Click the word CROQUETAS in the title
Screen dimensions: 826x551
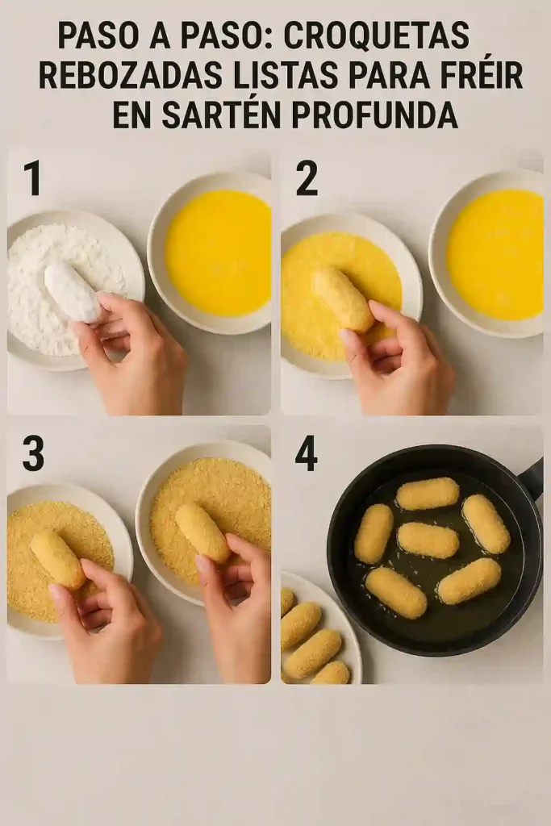377,35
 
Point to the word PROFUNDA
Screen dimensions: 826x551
374,115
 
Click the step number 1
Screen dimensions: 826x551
32,178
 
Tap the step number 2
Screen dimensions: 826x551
307,178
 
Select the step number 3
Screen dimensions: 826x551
33,454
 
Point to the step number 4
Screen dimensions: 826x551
307,454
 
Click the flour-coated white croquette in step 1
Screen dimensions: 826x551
73,291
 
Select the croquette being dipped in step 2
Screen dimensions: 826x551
344,299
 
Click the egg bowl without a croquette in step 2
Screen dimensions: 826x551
495,253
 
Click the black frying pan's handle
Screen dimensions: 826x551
532,479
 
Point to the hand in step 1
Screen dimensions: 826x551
137,355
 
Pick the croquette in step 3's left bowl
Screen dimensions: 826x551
58,558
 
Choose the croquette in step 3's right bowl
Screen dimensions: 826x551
202,532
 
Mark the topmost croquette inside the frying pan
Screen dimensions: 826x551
428,493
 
